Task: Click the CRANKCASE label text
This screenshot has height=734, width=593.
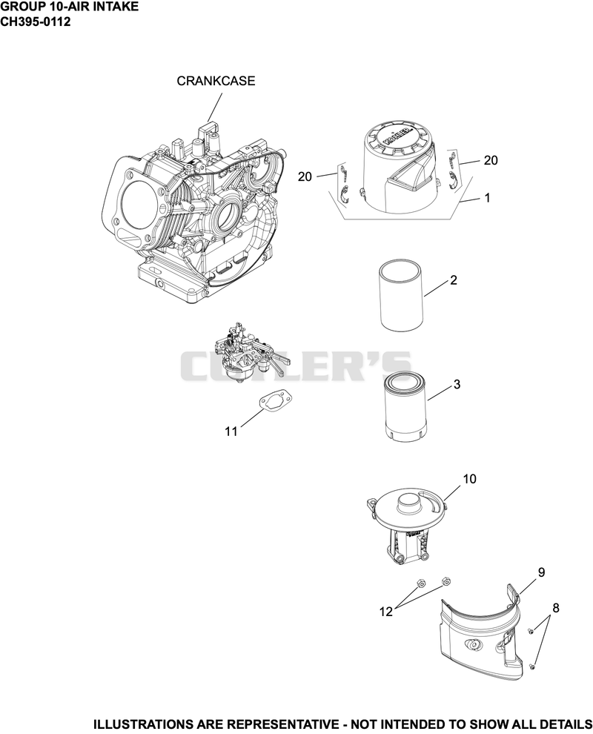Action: tap(216, 81)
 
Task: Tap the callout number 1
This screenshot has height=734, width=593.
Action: tap(487, 198)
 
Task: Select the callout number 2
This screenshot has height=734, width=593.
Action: tap(453, 280)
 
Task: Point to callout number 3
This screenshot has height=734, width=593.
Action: tap(457, 384)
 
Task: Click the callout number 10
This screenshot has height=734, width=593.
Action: tap(469, 479)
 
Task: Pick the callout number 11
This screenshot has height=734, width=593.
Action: tap(231, 431)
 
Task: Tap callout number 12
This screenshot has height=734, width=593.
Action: tap(385, 612)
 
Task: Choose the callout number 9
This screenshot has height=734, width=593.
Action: tap(542, 572)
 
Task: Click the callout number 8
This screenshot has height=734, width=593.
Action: tap(556, 608)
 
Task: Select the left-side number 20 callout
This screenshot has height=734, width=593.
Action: tap(305, 176)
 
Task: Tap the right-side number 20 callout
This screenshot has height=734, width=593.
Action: tap(491, 160)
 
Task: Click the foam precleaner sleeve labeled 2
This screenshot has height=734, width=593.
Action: tap(401, 297)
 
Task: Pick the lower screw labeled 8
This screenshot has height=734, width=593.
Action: tap(532, 666)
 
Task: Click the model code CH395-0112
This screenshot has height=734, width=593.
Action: tap(35, 22)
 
